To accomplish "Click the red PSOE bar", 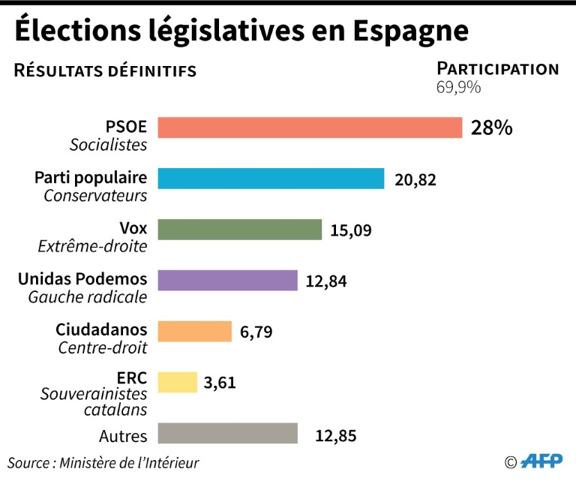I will click(310, 128).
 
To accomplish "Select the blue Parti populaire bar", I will click(271, 179).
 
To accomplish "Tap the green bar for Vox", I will click(240, 230).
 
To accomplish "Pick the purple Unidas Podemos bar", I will click(228, 281).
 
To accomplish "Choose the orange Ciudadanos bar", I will click(195, 332).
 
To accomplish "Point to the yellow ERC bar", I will click(178, 383).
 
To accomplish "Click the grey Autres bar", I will click(228, 434).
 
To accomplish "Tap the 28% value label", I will click(492, 128).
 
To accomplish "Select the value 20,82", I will click(415, 180).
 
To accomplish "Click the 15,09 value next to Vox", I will click(352, 230).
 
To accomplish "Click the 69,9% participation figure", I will click(458, 87).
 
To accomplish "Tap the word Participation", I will click(497, 69).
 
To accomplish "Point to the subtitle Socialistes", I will click(109, 145).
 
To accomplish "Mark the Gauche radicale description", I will click(88, 298).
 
